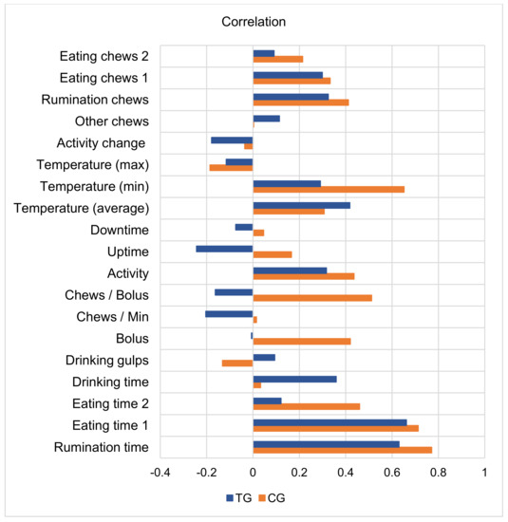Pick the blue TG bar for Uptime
[x=224, y=249]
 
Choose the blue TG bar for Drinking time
[x=294, y=379]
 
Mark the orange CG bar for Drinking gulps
[x=237, y=363]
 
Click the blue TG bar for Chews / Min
[x=229, y=313]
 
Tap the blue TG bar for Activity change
[x=232, y=140]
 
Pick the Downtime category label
[x=119, y=230]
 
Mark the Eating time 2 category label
[x=108, y=403]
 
